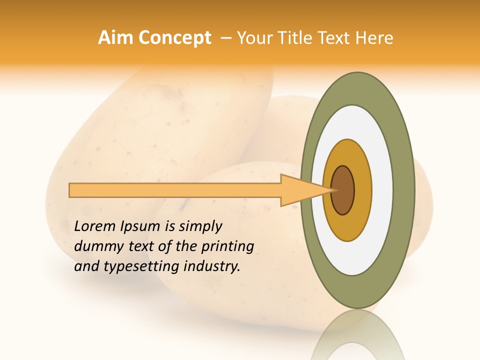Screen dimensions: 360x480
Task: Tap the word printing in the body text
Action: coord(227,246)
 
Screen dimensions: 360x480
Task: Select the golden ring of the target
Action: coord(362,190)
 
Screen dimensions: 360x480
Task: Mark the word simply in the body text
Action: coord(200,226)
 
